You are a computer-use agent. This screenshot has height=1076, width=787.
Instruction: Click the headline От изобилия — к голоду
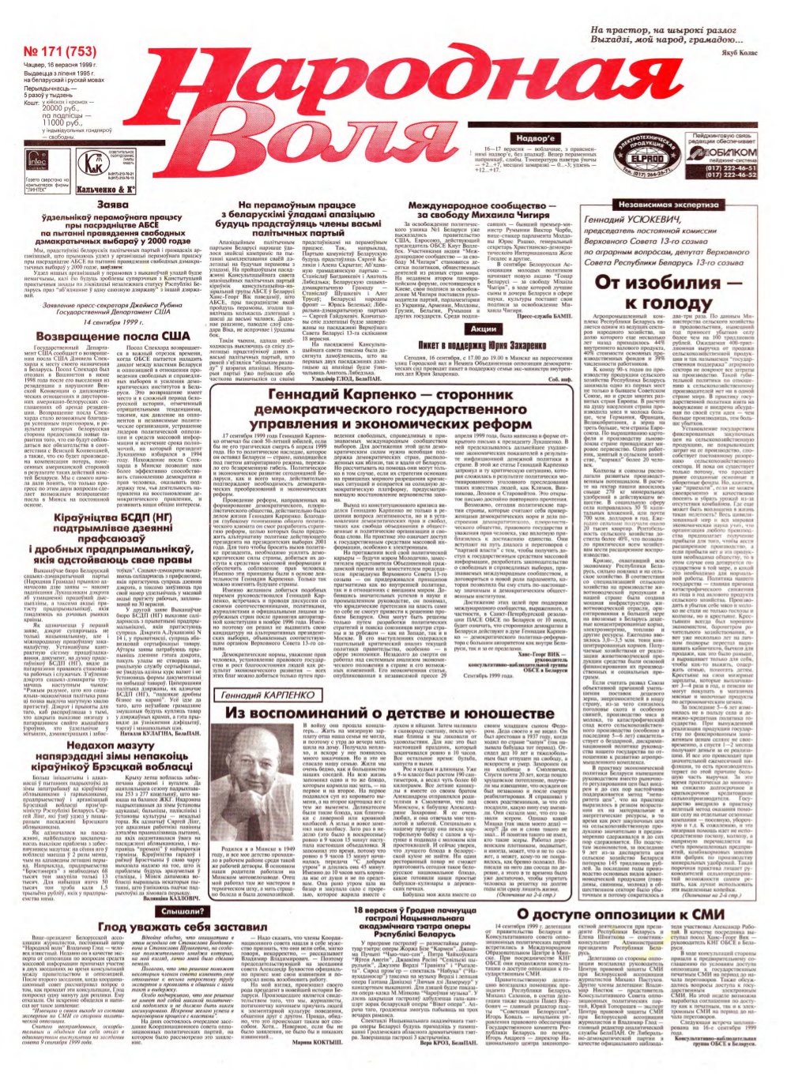click(668, 293)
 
